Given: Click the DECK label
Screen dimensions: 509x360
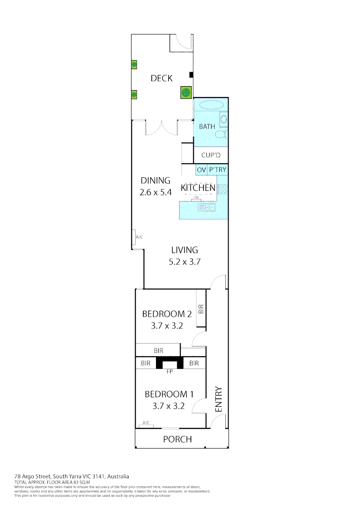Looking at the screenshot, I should (162, 78).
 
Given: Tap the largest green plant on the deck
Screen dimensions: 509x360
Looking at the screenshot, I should (186, 92).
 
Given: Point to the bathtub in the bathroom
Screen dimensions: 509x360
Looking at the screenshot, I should (210, 106).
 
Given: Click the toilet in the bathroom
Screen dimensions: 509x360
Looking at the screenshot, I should (220, 134).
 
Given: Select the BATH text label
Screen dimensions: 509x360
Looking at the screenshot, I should (207, 126).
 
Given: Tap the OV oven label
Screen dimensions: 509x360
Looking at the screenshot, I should (201, 170).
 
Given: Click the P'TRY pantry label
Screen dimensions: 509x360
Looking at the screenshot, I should (218, 170).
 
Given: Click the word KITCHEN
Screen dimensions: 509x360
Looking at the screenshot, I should (198, 188).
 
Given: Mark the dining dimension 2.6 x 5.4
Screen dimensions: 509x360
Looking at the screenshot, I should (155, 192).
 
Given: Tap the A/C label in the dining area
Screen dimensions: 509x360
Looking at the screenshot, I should (139, 237).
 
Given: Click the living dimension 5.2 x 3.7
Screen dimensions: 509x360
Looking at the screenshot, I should (185, 262).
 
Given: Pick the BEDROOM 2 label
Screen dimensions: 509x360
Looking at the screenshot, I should (164, 314).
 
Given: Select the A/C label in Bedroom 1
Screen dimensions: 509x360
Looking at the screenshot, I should (146, 423).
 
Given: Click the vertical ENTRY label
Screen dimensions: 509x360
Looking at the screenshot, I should (218, 400).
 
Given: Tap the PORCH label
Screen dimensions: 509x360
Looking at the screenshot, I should (177, 439).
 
